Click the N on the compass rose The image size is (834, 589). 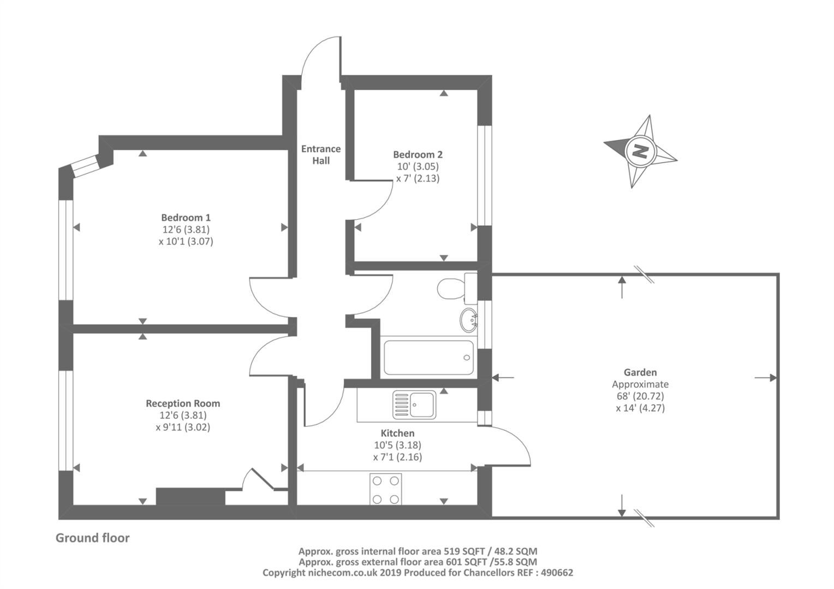640,151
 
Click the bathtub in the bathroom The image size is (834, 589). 428,357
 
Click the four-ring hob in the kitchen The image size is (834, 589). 386,489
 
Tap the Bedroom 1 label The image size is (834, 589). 186,217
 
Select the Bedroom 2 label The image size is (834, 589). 418,154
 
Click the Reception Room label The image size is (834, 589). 183,404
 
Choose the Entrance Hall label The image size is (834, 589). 321,154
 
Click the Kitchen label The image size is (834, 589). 397,433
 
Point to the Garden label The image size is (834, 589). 640,372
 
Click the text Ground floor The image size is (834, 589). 92,538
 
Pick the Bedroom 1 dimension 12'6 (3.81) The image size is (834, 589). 186,229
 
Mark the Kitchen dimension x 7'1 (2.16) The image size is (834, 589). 397,457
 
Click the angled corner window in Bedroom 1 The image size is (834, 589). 85,166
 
